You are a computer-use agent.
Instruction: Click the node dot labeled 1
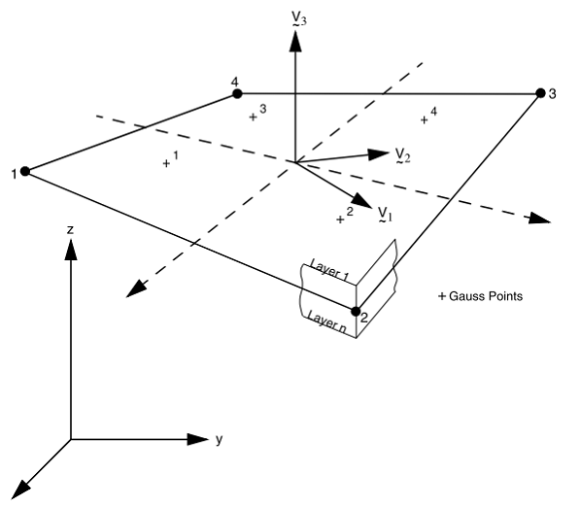[25, 172]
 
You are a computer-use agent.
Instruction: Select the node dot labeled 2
[354, 311]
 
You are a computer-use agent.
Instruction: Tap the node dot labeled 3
[540, 93]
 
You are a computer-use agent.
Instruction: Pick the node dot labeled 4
[237, 94]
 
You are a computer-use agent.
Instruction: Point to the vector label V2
[402, 156]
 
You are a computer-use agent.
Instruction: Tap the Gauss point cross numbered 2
[340, 220]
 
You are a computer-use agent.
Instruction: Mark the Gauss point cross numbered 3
[253, 118]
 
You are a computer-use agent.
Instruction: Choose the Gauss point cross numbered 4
[425, 119]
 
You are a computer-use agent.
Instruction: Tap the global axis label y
[219, 440]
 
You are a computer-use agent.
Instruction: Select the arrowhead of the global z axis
[70, 249]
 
